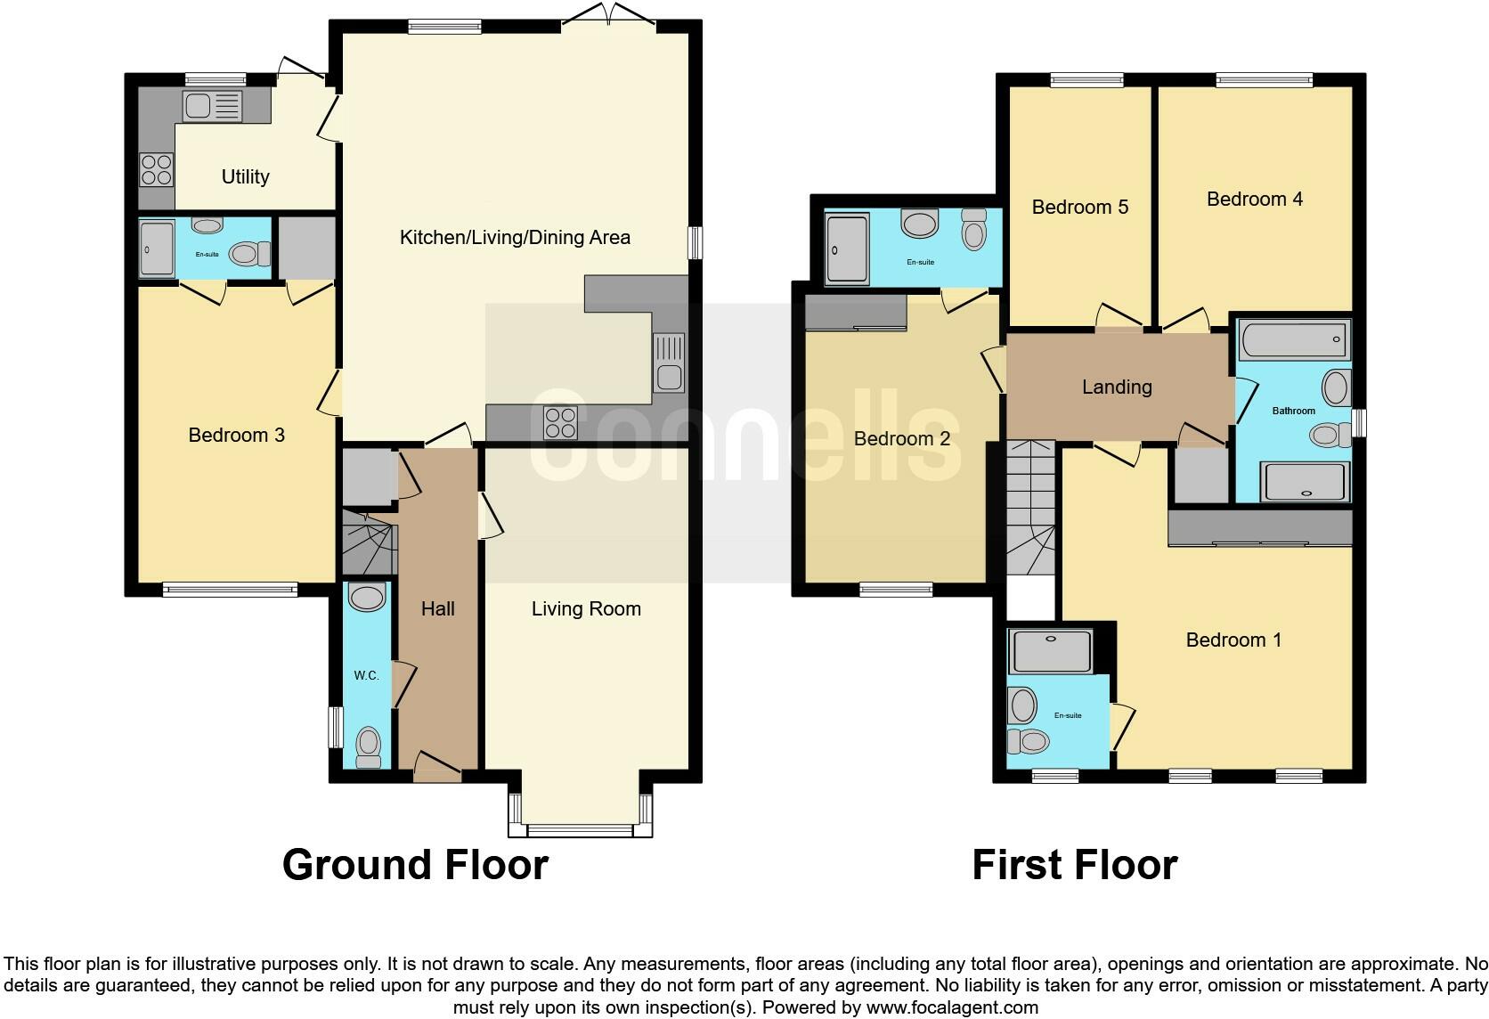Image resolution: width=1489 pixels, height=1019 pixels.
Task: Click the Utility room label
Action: tap(245, 176)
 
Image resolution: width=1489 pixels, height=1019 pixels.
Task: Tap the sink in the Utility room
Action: tap(212, 107)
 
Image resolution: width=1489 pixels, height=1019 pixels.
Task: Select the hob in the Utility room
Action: tap(156, 170)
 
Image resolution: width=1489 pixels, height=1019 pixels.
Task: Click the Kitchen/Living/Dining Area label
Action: tap(515, 237)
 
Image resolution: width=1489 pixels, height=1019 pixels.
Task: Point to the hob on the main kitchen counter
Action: tap(560, 422)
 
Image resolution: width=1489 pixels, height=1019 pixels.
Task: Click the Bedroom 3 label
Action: tap(236, 435)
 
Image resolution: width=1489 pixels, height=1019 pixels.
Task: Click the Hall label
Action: tap(437, 608)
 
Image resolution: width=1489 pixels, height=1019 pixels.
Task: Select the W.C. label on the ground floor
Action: tap(366, 675)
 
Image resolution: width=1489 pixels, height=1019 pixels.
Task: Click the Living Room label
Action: tap(586, 608)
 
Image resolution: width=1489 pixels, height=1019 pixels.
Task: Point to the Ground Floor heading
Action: tap(415, 864)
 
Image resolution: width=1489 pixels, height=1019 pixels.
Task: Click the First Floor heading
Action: tap(1074, 864)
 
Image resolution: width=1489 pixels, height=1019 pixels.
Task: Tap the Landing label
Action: tap(1117, 387)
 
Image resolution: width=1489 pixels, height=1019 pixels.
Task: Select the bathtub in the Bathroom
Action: tap(1294, 340)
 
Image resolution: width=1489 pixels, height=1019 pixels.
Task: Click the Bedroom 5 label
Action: tap(1079, 207)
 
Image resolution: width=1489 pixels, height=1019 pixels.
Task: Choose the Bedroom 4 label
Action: tap(1254, 199)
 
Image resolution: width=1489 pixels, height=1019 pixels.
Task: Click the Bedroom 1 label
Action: tap(1233, 640)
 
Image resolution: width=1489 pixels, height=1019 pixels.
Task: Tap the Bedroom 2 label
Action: tap(901, 438)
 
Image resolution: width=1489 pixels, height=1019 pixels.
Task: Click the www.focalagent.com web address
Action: tap(951, 1007)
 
